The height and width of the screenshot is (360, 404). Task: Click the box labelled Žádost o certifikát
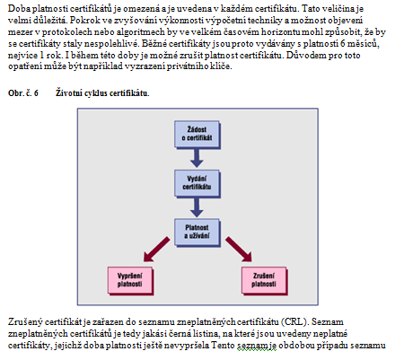click(198, 135)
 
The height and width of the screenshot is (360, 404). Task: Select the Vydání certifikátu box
click(198, 183)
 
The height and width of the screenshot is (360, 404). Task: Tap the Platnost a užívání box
click(198, 233)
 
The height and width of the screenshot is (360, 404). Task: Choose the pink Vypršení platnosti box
click(130, 281)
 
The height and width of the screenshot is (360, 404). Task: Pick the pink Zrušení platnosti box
click(264, 281)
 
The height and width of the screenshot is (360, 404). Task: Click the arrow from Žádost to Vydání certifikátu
click(197, 158)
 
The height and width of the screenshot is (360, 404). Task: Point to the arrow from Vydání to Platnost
click(197, 207)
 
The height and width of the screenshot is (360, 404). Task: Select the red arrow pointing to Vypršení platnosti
click(156, 250)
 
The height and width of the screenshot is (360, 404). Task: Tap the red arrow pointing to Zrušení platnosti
click(239, 250)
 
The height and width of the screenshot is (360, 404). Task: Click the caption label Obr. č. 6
click(23, 93)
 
